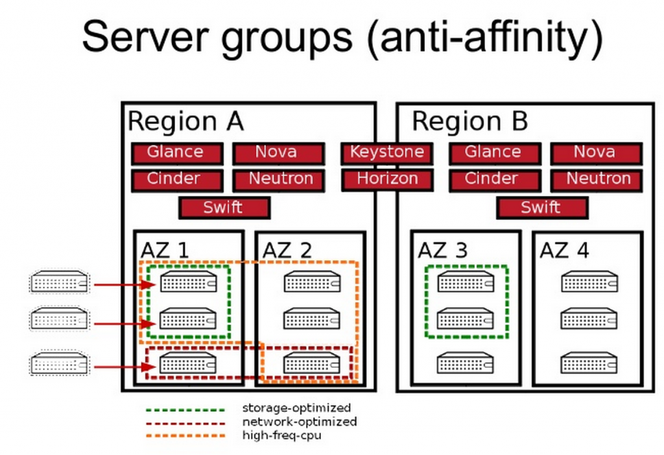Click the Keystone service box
click(387, 153)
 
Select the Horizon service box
click(387, 179)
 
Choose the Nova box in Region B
click(595, 153)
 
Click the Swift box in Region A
click(224, 208)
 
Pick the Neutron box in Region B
click(595, 179)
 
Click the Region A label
click(185, 122)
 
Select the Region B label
click(469, 122)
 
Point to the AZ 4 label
click(564, 251)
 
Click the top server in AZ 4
click(589, 282)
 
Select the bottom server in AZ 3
click(465, 363)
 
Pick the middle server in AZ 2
click(312, 319)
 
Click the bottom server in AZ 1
click(188, 363)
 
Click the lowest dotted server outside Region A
click(58, 363)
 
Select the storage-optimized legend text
click(296, 408)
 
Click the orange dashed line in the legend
click(185, 436)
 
